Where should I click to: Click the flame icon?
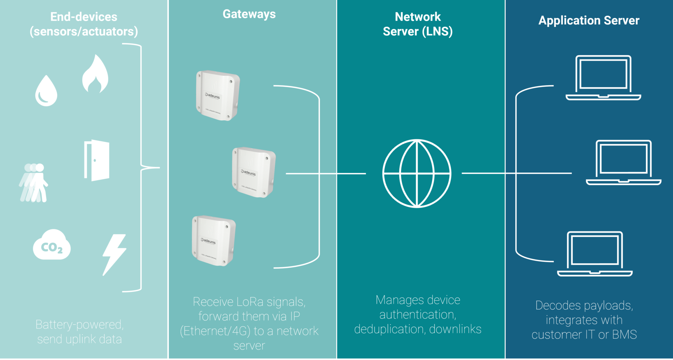click(x=95, y=75)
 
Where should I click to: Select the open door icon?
click(x=97, y=160)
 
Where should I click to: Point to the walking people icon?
click(x=34, y=183)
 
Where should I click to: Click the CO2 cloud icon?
click(x=52, y=245)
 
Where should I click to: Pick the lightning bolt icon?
click(x=114, y=254)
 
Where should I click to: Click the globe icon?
click(x=417, y=174)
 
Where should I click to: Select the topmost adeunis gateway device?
click(x=218, y=95)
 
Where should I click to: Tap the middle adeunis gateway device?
click(x=254, y=172)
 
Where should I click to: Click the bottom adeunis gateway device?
click(x=213, y=240)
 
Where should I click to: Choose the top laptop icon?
click(x=603, y=78)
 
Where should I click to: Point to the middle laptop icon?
click(x=624, y=163)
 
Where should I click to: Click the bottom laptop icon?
click(x=595, y=254)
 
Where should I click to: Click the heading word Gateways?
click(x=249, y=14)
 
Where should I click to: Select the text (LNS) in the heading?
click(x=437, y=32)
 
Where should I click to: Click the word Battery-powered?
click(x=80, y=325)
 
